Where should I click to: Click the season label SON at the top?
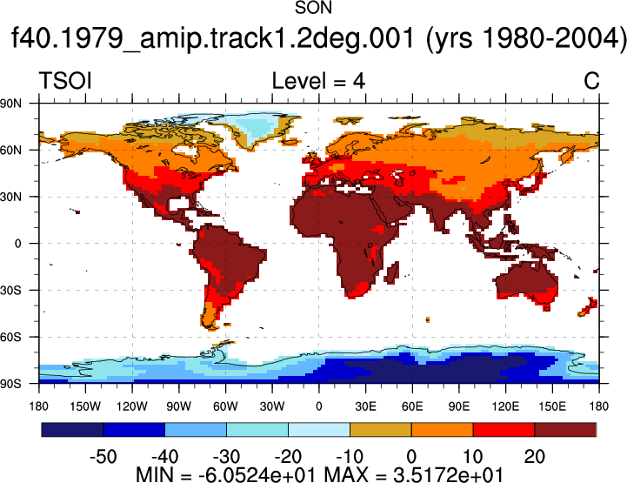[313, 8]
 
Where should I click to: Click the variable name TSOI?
[65, 81]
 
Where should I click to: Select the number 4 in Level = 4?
[358, 81]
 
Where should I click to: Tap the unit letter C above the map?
[591, 81]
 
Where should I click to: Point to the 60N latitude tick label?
[10, 151]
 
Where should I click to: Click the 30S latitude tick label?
[10, 291]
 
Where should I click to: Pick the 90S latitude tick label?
[10, 384]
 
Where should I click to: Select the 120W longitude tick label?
[132, 406]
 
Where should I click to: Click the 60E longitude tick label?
[412, 406]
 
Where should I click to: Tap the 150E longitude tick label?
[552, 406]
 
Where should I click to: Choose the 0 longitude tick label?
[318, 406]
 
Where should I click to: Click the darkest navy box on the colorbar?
[72, 429]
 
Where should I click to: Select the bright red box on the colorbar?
[504, 429]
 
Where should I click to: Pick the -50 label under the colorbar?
[103, 457]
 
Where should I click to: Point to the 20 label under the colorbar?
[534, 457]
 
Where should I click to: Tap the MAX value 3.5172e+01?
[448, 475]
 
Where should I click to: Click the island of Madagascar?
[393, 272]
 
